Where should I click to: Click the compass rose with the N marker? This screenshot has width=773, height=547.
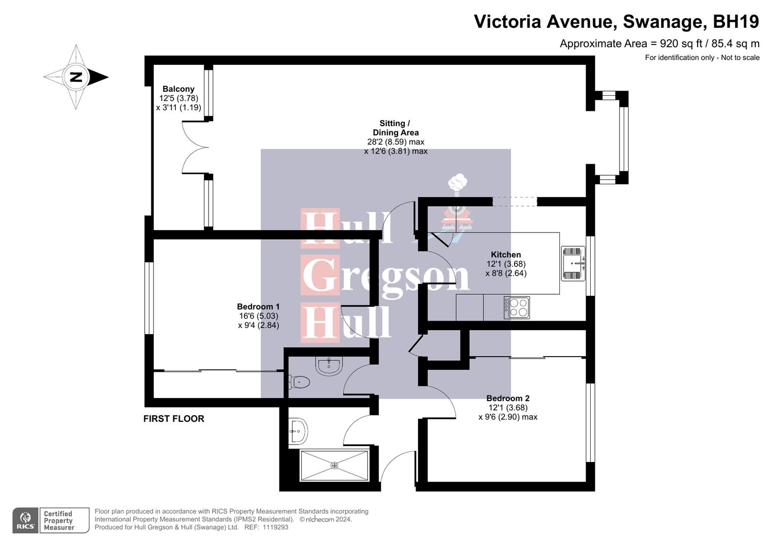coord(76,77)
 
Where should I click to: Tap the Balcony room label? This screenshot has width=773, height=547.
coord(178,89)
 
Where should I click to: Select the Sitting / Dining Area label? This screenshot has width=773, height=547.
coord(395,128)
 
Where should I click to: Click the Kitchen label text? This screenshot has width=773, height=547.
coord(506,255)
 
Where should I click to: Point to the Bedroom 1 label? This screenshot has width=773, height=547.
coord(258,306)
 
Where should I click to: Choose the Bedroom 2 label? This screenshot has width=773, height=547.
coord(508,398)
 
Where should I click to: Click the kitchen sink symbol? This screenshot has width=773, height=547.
coord(573,263)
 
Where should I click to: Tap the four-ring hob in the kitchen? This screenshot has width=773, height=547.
coord(516,307)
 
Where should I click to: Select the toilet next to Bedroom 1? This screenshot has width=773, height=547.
coord(299,382)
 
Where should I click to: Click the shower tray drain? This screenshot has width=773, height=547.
coord(334,465)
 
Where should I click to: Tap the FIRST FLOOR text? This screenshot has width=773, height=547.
coord(174,419)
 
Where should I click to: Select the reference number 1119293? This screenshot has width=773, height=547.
coord(275,527)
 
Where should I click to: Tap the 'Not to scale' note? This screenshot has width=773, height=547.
coord(740,58)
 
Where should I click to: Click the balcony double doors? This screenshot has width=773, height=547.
coord(195,147)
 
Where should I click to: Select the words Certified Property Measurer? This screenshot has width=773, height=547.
coord(59,521)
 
